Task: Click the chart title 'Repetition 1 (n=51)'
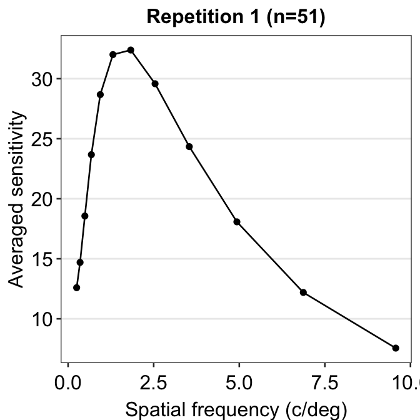236,17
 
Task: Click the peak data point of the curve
131,50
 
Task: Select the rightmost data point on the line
396,347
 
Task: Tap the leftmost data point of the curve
76,287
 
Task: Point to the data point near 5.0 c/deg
237,222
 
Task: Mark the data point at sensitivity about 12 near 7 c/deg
303,292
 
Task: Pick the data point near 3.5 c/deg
189,147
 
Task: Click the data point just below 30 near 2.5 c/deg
155,84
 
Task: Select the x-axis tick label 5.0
239,381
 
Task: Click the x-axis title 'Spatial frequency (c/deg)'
236,409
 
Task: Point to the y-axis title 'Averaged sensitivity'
17,200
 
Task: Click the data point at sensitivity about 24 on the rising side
91,154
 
